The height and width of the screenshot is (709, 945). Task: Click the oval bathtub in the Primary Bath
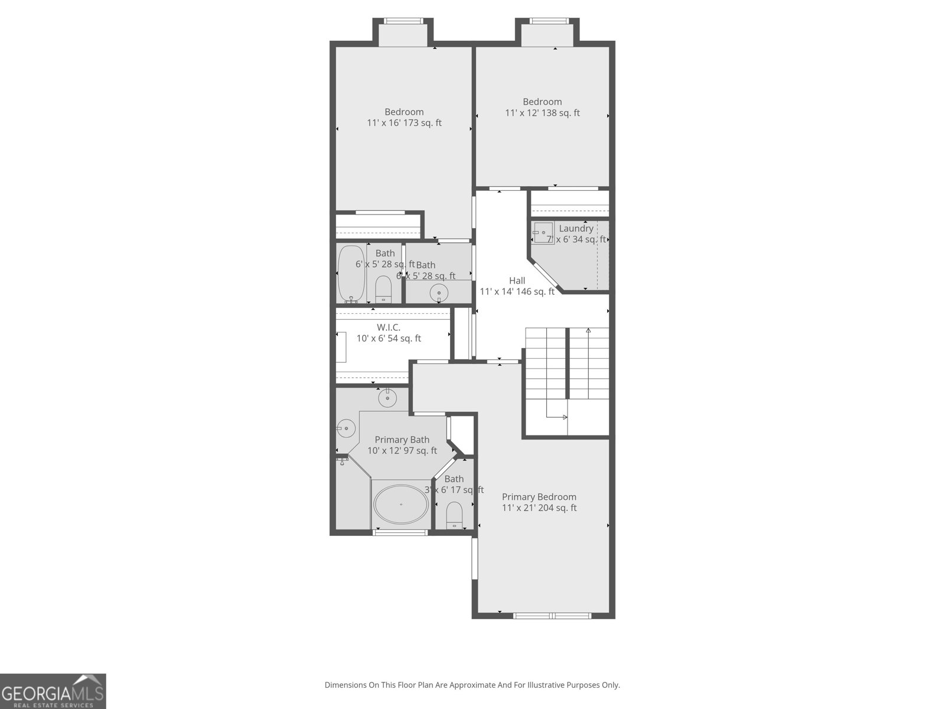401,504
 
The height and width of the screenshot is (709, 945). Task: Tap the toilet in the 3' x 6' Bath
454,514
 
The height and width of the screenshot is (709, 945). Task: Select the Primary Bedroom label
539,497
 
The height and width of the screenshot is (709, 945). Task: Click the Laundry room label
576,229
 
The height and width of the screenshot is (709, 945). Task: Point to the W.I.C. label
389,327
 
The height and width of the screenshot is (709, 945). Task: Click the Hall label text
517,281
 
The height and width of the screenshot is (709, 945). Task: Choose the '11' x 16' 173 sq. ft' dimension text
404,123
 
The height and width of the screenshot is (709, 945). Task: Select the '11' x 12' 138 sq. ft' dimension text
542,113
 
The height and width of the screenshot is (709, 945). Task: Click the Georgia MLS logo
53,691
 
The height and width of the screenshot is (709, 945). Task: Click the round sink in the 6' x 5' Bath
439,292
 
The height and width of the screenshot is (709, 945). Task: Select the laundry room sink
543,233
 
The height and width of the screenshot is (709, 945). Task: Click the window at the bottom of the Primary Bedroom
552,616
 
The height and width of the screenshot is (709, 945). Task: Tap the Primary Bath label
402,440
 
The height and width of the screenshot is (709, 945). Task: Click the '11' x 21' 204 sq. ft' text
539,508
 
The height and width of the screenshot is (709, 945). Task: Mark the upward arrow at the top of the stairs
588,331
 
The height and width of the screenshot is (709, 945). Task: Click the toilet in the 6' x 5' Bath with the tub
383,289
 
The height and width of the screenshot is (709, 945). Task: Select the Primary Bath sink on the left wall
346,428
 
